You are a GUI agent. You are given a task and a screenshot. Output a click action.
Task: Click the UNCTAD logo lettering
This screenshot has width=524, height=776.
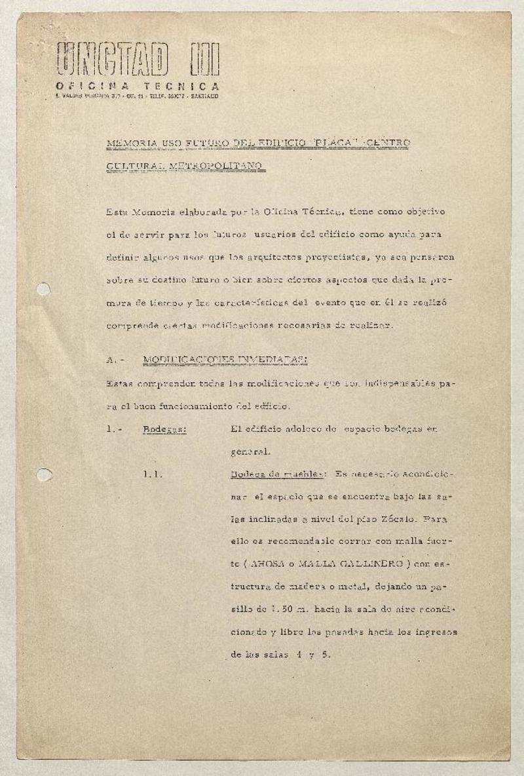pos(114,60)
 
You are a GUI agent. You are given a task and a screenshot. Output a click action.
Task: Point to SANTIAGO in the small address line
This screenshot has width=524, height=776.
pos(203,96)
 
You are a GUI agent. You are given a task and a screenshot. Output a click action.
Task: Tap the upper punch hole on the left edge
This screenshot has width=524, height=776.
pos(43,288)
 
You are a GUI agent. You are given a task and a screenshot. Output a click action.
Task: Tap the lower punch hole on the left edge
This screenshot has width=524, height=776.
pos(43,475)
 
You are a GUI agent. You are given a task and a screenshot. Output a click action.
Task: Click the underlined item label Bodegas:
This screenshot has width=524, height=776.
pos(164,429)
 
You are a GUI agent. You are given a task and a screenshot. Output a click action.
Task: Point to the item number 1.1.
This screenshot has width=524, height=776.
pos(153,475)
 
